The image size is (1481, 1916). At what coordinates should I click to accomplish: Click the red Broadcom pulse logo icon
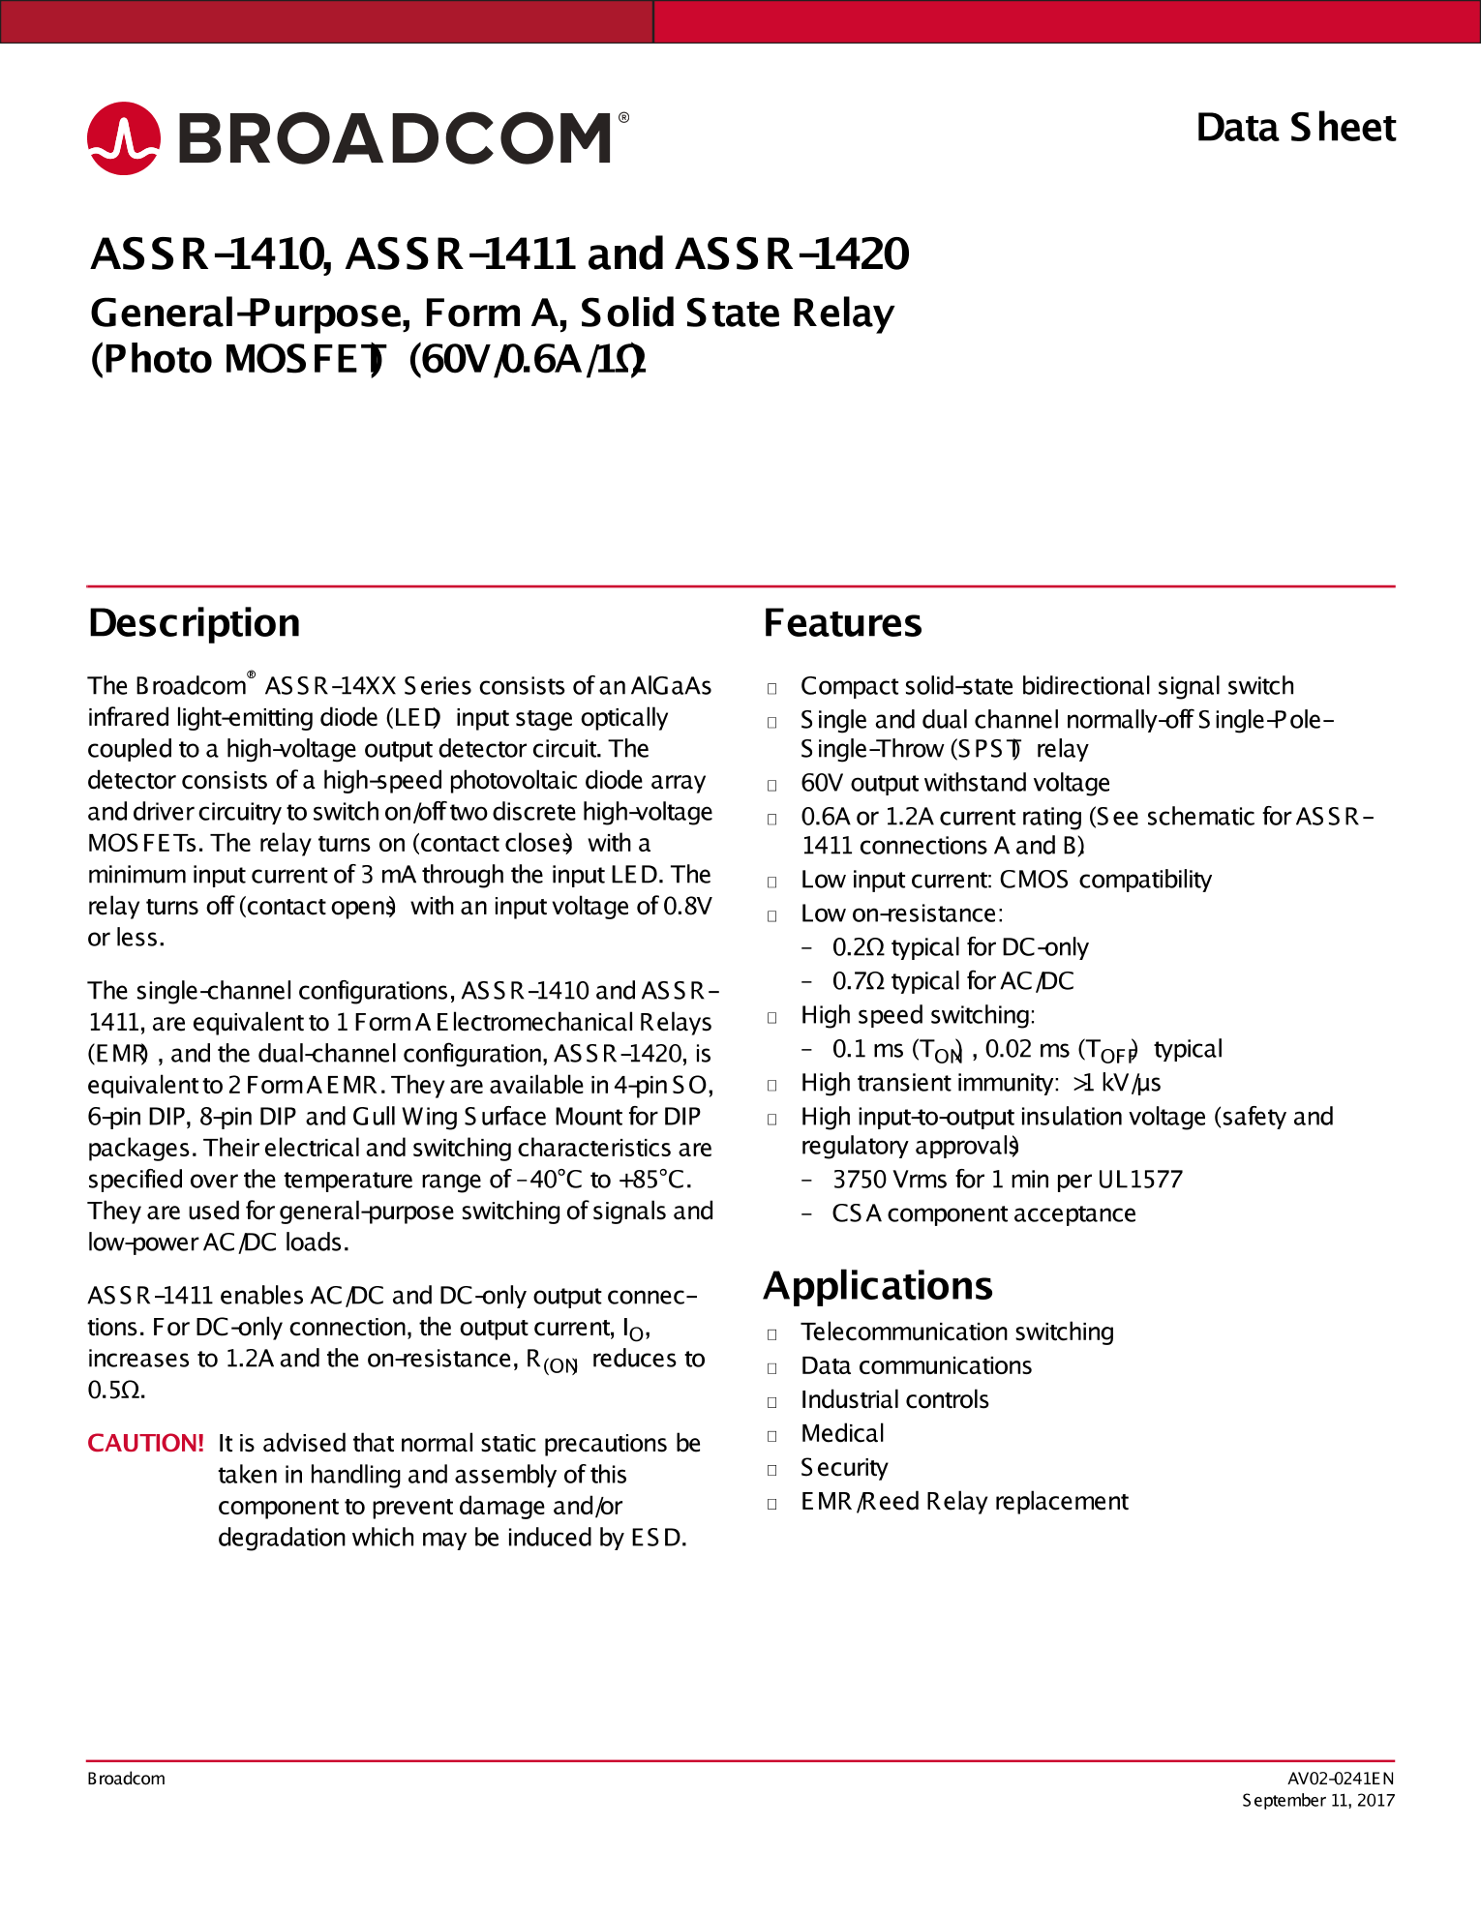tap(124, 138)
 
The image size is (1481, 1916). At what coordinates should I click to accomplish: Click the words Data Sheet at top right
tap(1295, 128)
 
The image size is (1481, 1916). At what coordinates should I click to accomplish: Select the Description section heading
tap(194, 623)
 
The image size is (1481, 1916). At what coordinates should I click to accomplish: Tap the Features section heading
tap(842, 623)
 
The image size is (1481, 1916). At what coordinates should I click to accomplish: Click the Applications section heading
tap(877, 1286)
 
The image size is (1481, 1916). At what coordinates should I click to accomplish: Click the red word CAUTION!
tap(145, 1443)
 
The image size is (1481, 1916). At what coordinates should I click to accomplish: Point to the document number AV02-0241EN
tap(1340, 1779)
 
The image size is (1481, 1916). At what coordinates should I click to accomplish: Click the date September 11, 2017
tap(1317, 1801)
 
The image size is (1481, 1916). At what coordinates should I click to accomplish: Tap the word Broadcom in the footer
tap(126, 1779)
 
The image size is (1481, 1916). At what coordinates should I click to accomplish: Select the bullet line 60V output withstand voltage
tap(954, 783)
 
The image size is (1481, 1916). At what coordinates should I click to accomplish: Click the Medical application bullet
tap(842, 1434)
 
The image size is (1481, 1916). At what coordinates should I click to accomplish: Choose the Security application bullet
tap(843, 1468)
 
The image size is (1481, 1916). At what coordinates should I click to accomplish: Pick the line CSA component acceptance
tap(982, 1213)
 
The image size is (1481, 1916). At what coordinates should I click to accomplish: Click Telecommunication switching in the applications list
tap(956, 1332)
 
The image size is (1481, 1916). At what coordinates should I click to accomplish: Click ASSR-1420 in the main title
tap(792, 254)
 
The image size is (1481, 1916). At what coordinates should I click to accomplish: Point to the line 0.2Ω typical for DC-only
tap(959, 947)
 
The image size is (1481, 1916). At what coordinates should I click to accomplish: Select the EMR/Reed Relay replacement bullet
tap(963, 1502)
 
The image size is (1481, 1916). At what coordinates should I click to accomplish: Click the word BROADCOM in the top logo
tap(395, 138)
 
